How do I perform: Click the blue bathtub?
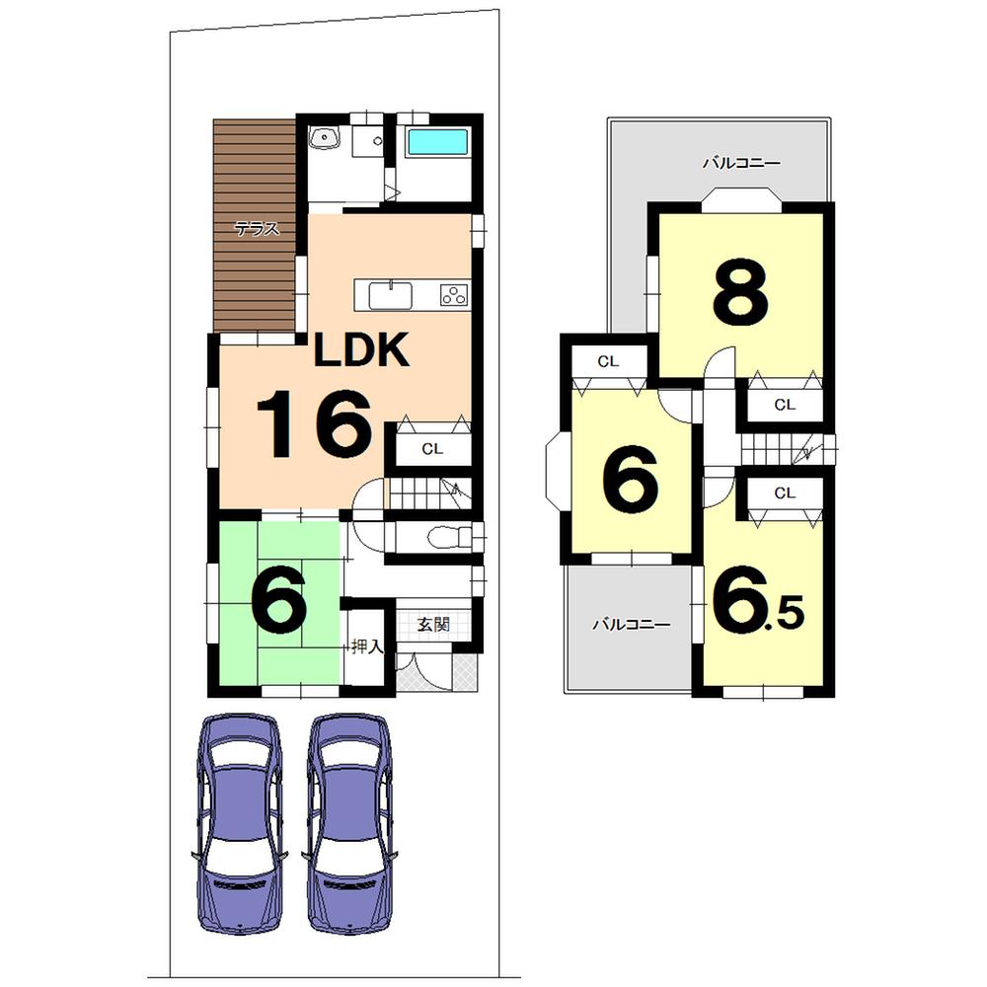(x=438, y=142)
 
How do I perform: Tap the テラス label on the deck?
(x=256, y=229)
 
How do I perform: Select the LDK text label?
(x=360, y=349)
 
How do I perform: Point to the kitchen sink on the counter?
(x=393, y=294)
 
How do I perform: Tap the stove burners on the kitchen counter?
(x=453, y=294)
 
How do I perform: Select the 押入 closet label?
(x=367, y=647)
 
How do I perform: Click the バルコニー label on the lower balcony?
(x=631, y=625)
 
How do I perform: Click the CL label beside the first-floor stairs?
(x=432, y=448)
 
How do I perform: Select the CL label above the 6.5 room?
(x=785, y=493)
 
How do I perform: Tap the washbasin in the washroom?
(x=324, y=139)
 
